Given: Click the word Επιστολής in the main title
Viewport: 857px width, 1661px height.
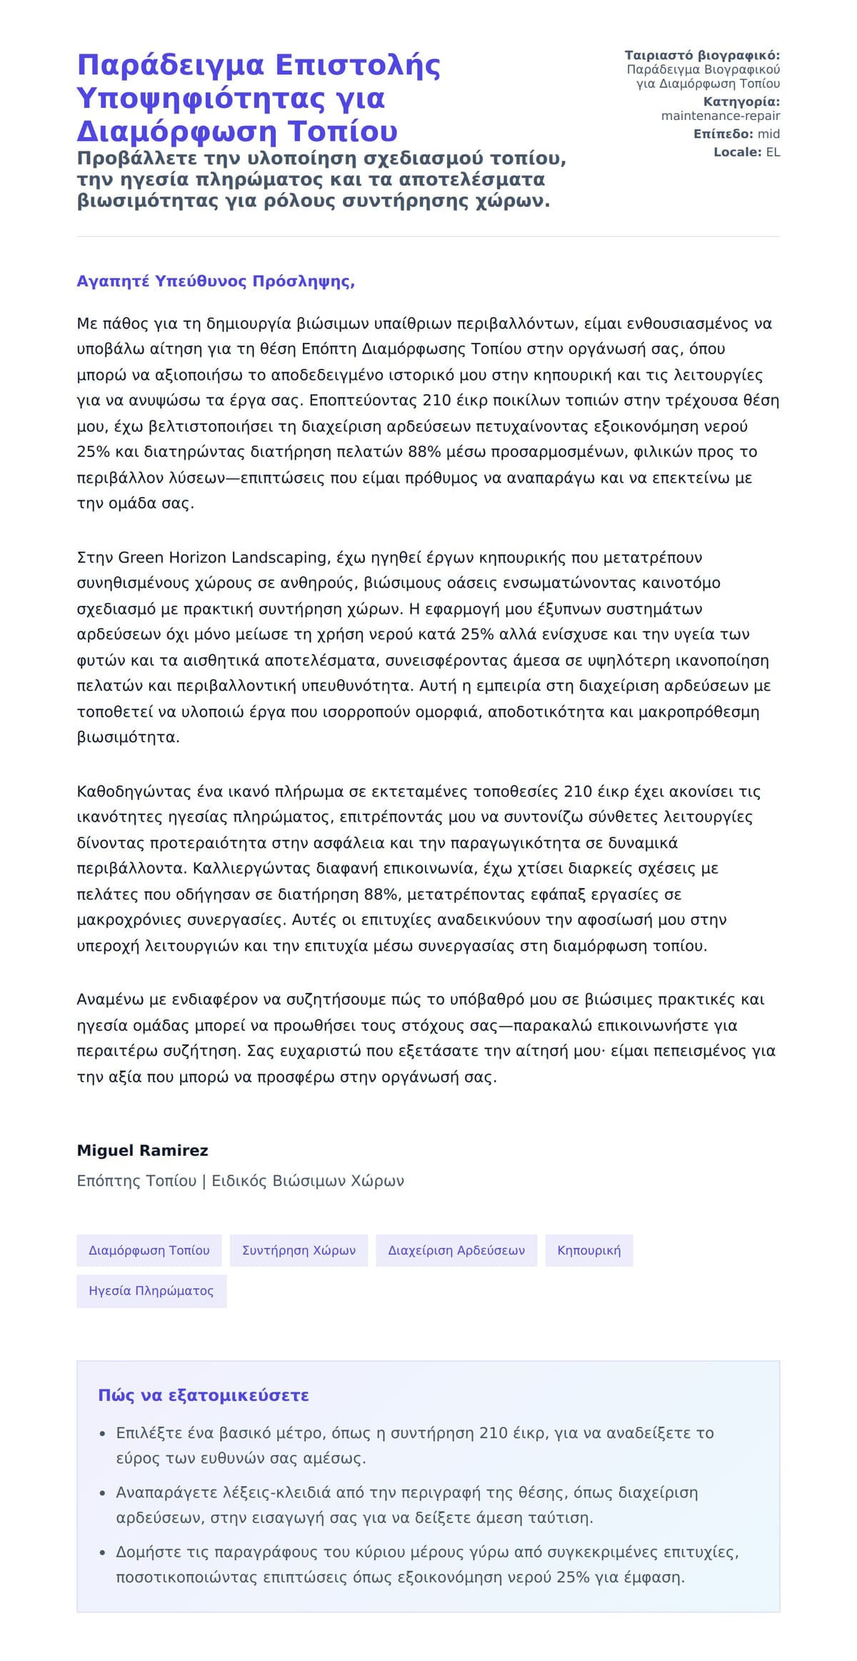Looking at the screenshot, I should click(x=357, y=65).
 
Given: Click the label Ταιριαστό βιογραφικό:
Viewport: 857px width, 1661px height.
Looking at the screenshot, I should click(x=702, y=56).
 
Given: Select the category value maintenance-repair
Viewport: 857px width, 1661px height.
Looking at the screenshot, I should click(x=720, y=116).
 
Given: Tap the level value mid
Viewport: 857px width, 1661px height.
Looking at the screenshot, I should click(x=768, y=134).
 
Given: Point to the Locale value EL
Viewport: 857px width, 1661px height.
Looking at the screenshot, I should click(x=773, y=152).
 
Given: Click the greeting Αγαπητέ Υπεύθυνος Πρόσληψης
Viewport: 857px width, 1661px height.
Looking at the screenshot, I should click(x=216, y=281).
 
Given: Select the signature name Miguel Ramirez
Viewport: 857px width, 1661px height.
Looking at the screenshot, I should click(x=142, y=1150).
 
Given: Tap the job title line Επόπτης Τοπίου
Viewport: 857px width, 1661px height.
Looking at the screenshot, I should click(x=136, y=1181).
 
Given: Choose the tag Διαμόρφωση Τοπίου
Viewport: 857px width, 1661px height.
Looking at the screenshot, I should click(x=149, y=1250).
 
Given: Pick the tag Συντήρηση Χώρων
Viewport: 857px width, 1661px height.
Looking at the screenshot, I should click(x=299, y=1250).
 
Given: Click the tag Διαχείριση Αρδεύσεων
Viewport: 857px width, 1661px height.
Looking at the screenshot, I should click(x=456, y=1250).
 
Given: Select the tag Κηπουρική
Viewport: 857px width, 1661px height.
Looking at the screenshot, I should click(x=588, y=1250).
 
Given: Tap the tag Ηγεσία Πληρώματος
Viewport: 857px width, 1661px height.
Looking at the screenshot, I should click(x=151, y=1291).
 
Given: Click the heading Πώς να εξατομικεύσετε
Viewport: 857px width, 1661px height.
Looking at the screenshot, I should click(x=204, y=1395).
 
